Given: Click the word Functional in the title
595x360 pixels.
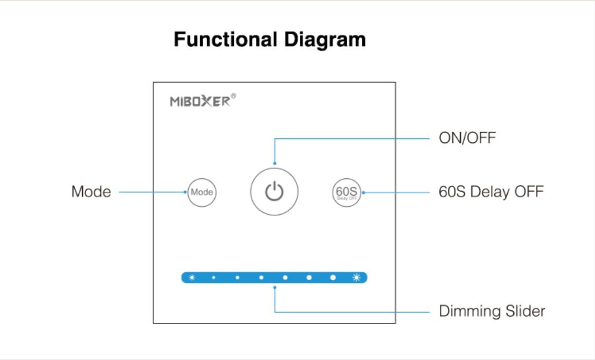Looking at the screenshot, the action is point(225,39).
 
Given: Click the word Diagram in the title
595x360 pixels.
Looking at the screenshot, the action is point(325,40).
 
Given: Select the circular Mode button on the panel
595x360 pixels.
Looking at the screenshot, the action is point(202,192).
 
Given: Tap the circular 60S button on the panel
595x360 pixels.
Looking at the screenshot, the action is point(347,192).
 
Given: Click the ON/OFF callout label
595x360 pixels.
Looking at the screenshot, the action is point(467,138).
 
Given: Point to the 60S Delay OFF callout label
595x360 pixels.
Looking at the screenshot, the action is point(491,192).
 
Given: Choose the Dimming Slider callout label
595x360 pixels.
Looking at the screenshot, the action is point(492,311).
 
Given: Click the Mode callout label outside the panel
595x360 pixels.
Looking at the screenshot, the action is point(91,192).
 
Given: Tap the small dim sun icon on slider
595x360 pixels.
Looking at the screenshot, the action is point(192,278).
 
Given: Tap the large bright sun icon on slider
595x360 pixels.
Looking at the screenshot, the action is point(357,278).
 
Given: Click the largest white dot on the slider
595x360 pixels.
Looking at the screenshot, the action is point(333,278).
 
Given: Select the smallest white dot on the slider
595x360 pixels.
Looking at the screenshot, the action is point(214,278).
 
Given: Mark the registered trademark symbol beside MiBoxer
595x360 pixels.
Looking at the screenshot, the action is point(233,96).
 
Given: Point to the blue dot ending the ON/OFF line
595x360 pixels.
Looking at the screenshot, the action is point(275,163).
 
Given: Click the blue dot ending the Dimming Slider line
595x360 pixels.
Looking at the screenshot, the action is point(275,288).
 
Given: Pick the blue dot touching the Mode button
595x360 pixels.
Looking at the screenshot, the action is point(185,192).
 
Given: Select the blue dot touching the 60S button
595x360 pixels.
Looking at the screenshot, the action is point(363,193).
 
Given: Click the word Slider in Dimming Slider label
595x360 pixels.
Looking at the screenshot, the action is point(525,311).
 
